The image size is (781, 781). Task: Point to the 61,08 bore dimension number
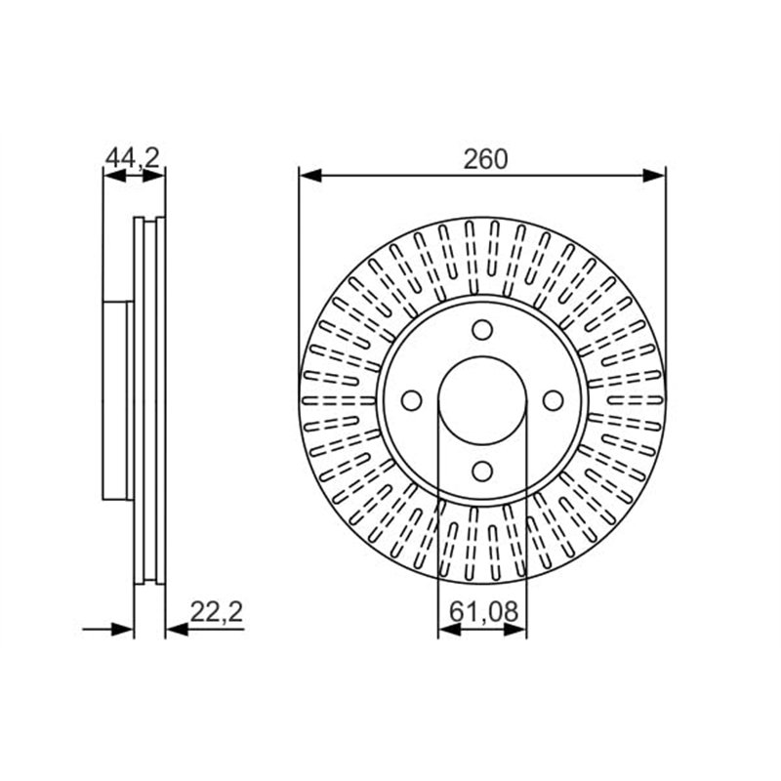[482, 613]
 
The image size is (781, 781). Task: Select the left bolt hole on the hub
[412, 400]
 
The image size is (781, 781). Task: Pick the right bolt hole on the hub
[552, 400]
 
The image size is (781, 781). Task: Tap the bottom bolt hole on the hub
[482, 471]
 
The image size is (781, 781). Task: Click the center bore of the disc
[482, 400]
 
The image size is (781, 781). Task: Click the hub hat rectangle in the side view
[117, 400]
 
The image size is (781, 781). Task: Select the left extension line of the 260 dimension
[299, 273]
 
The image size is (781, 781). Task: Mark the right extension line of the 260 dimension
[666, 273]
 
